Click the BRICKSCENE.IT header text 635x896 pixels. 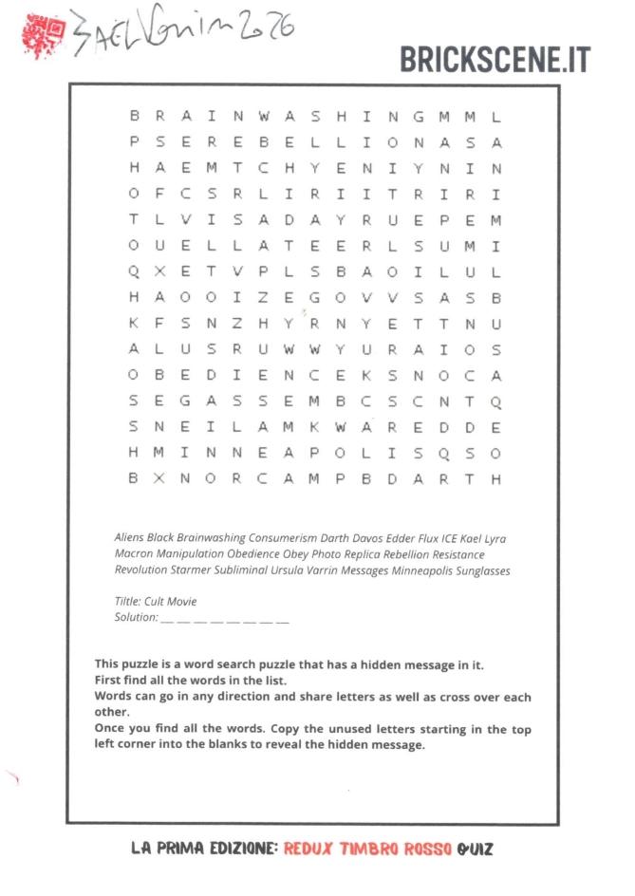click(x=495, y=59)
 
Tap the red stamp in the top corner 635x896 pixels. click(x=43, y=34)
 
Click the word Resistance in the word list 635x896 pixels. click(x=453, y=553)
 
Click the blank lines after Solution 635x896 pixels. click(x=225, y=619)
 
